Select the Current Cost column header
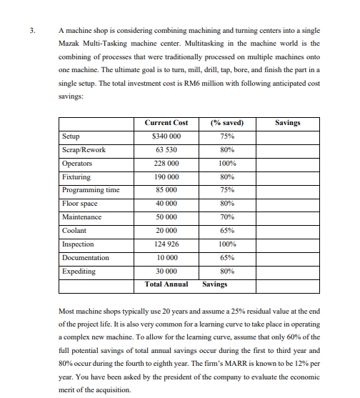166,123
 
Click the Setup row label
71,136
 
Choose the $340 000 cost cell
166,136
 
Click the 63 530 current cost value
166,149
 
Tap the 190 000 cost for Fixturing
166,176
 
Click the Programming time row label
91,190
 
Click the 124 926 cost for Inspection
166,244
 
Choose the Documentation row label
86,257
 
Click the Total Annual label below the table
166,284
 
